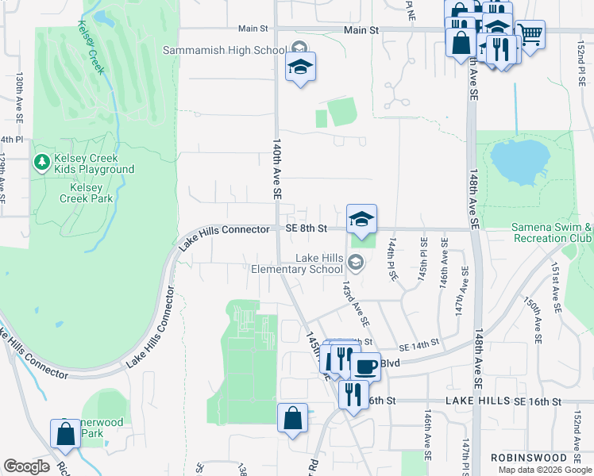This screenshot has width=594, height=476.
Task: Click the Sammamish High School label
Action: pyautogui.click(x=224, y=50)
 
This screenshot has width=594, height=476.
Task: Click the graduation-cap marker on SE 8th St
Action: pyautogui.click(x=361, y=220)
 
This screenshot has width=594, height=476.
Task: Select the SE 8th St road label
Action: pyautogui.click(x=307, y=229)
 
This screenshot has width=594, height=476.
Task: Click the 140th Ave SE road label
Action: pyautogui.click(x=277, y=170)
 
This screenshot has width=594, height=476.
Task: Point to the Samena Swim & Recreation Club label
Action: pyautogui.click(x=552, y=232)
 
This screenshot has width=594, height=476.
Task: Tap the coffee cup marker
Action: pyautogui.click(x=365, y=367)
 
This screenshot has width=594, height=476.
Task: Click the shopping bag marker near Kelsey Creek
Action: pyautogui.click(x=64, y=435)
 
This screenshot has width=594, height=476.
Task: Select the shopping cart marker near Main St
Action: pyautogui.click(x=530, y=34)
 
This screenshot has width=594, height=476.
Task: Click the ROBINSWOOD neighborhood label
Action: pyautogui.click(x=527, y=458)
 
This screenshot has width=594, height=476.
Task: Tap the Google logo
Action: pyautogui.click(x=26, y=466)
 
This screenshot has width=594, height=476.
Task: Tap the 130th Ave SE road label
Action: pyautogui.click(x=19, y=98)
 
